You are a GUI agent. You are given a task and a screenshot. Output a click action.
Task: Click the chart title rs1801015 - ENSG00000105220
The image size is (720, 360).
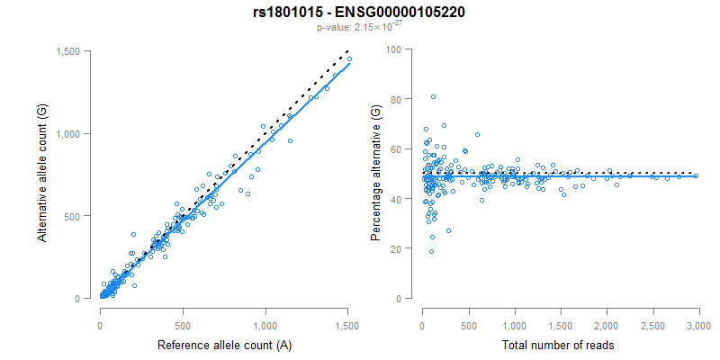[x=359, y=12]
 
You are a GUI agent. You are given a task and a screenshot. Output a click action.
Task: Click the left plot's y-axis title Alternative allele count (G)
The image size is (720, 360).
[x=41, y=174]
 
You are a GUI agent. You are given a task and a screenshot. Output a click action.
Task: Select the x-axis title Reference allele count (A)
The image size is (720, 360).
[x=224, y=345]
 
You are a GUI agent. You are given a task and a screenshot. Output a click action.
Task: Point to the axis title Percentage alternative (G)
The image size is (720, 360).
[x=375, y=174]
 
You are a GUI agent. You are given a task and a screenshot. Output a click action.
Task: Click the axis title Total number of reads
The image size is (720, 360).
[x=560, y=345]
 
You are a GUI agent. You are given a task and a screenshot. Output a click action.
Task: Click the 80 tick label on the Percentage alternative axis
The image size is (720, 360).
[x=395, y=99]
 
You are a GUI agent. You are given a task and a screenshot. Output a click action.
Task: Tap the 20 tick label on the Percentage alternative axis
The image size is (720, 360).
[x=395, y=247]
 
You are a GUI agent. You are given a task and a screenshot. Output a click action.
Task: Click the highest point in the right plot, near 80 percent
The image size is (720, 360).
[x=433, y=96]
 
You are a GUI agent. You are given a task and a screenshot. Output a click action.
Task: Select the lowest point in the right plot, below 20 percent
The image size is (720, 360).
[x=431, y=252]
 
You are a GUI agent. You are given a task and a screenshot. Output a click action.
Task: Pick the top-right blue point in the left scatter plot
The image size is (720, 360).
[x=349, y=58]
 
